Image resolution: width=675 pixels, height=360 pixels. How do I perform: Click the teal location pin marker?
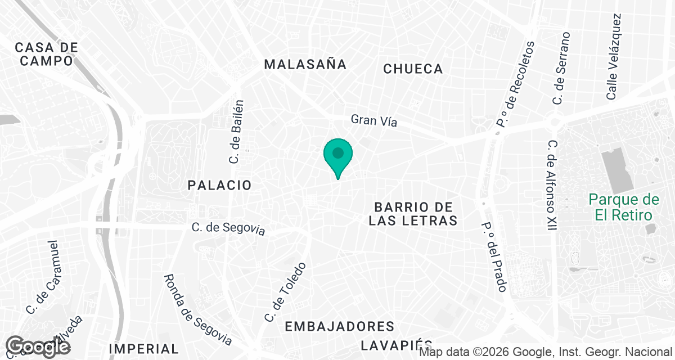click(x=338, y=155)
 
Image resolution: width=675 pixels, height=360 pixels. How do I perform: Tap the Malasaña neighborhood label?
click(x=305, y=64)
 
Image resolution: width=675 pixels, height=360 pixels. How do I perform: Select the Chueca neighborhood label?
click(x=413, y=69)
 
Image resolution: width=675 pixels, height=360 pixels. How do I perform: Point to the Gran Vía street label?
click(x=374, y=120)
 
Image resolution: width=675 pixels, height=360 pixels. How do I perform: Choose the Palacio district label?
click(x=219, y=185)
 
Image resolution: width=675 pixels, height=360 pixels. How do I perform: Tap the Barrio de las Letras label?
click(x=413, y=214)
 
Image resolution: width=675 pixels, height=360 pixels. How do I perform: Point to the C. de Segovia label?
click(x=228, y=228)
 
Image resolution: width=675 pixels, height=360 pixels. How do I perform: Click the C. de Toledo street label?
click(x=286, y=292)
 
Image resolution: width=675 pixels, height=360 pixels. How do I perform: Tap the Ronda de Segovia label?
click(x=197, y=310)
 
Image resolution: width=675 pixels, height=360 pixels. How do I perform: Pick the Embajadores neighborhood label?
click(x=339, y=326)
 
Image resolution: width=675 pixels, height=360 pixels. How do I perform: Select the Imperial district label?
click(x=143, y=349)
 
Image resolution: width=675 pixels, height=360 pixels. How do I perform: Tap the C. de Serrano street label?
click(x=561, y=68)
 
